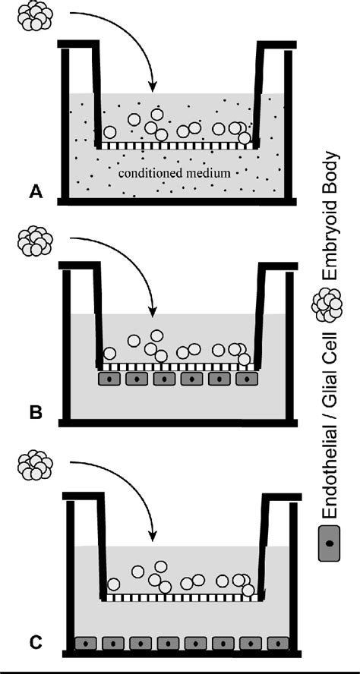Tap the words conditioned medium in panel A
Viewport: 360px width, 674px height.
click(175, 174)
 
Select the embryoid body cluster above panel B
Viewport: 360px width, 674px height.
click(34, 241)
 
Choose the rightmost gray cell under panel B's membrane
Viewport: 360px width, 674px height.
click(247, 378)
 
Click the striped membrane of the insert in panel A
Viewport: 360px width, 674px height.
click(175, 144)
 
